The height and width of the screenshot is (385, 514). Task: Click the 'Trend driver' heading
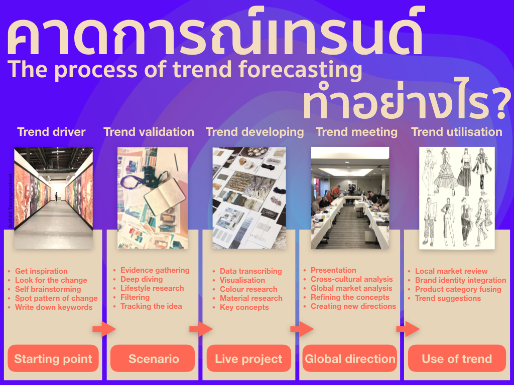coord(51,132)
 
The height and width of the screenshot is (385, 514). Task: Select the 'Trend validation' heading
coord(149,132)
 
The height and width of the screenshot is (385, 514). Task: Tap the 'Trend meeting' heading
coord(356,132)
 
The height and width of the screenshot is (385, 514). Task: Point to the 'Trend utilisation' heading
coord(456,132)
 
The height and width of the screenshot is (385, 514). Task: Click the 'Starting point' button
coord(53,358)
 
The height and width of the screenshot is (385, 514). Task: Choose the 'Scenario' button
coord(154,358)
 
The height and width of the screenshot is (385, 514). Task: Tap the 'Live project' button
coord(248,358)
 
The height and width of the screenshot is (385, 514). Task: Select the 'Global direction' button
coord(350,358)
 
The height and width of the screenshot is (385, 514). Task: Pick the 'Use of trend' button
coord(457,358)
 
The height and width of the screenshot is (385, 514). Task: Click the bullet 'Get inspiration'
coord(41,271)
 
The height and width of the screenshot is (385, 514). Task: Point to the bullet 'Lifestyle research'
coord(152,288)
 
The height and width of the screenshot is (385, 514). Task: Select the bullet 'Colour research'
coord(248,289)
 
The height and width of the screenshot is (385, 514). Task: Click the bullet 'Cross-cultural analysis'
coord(351,279)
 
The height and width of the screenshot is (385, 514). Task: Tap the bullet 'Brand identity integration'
coord(460,280)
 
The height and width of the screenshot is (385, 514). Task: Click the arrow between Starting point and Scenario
coord(104,329)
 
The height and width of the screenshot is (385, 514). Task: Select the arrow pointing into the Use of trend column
coord(408,329)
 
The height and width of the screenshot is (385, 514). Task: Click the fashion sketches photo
coord(457,198)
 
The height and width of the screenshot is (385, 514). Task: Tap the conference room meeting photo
coord(350,198)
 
